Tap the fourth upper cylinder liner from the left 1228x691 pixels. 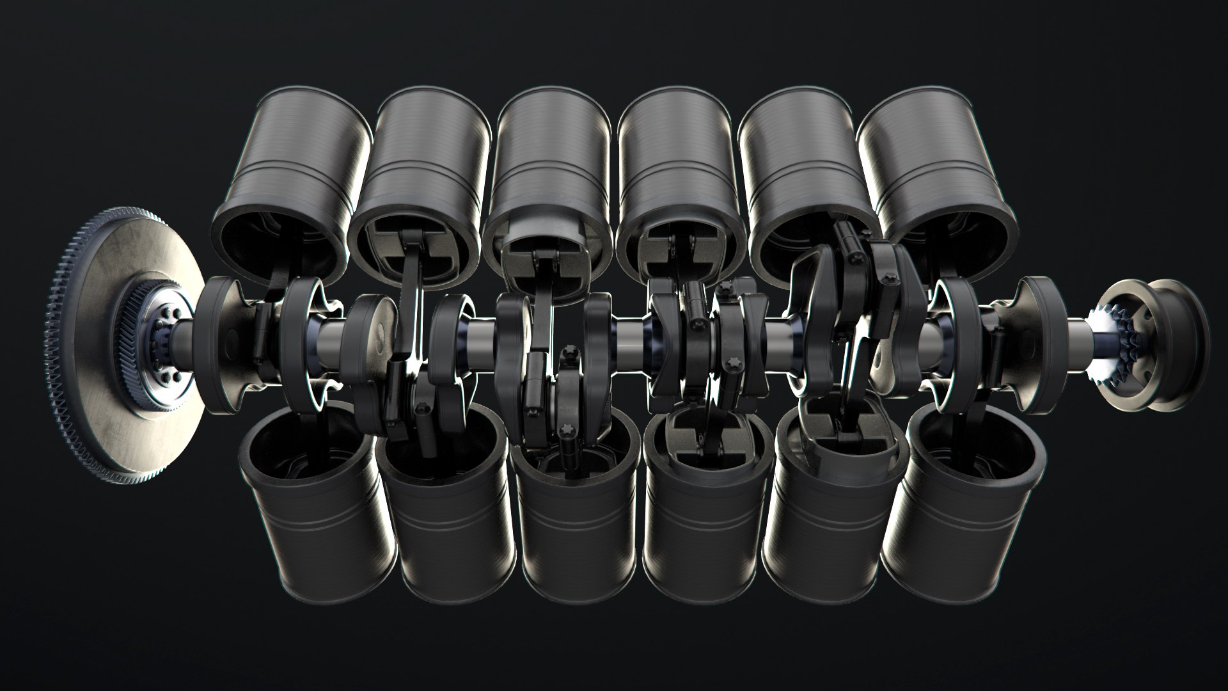point(675,160)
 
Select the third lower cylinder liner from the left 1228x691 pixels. point(572,531)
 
